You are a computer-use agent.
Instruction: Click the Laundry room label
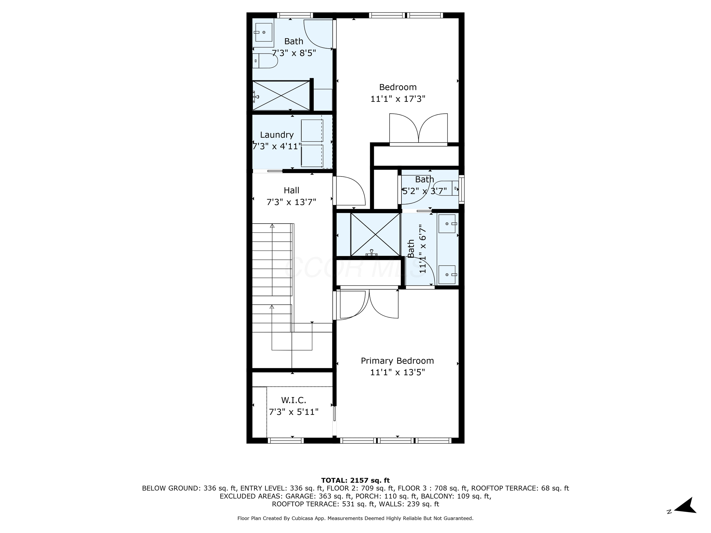point(276,135)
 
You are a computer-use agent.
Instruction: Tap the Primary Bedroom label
point(397,361)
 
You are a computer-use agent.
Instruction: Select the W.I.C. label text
point(294,400)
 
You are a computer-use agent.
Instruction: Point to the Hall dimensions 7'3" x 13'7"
point(291,202)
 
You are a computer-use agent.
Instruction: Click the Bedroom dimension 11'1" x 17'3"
point(398,99)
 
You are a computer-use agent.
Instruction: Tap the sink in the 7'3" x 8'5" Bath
point(264,33)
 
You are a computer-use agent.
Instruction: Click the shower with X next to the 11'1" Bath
point(375,235)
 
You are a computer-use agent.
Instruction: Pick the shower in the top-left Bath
point(281,96)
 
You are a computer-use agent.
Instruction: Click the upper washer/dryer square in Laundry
point(312,131)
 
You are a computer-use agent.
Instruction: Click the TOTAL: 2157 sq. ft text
point(355,480)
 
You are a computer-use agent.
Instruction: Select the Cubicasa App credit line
point(355,518)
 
